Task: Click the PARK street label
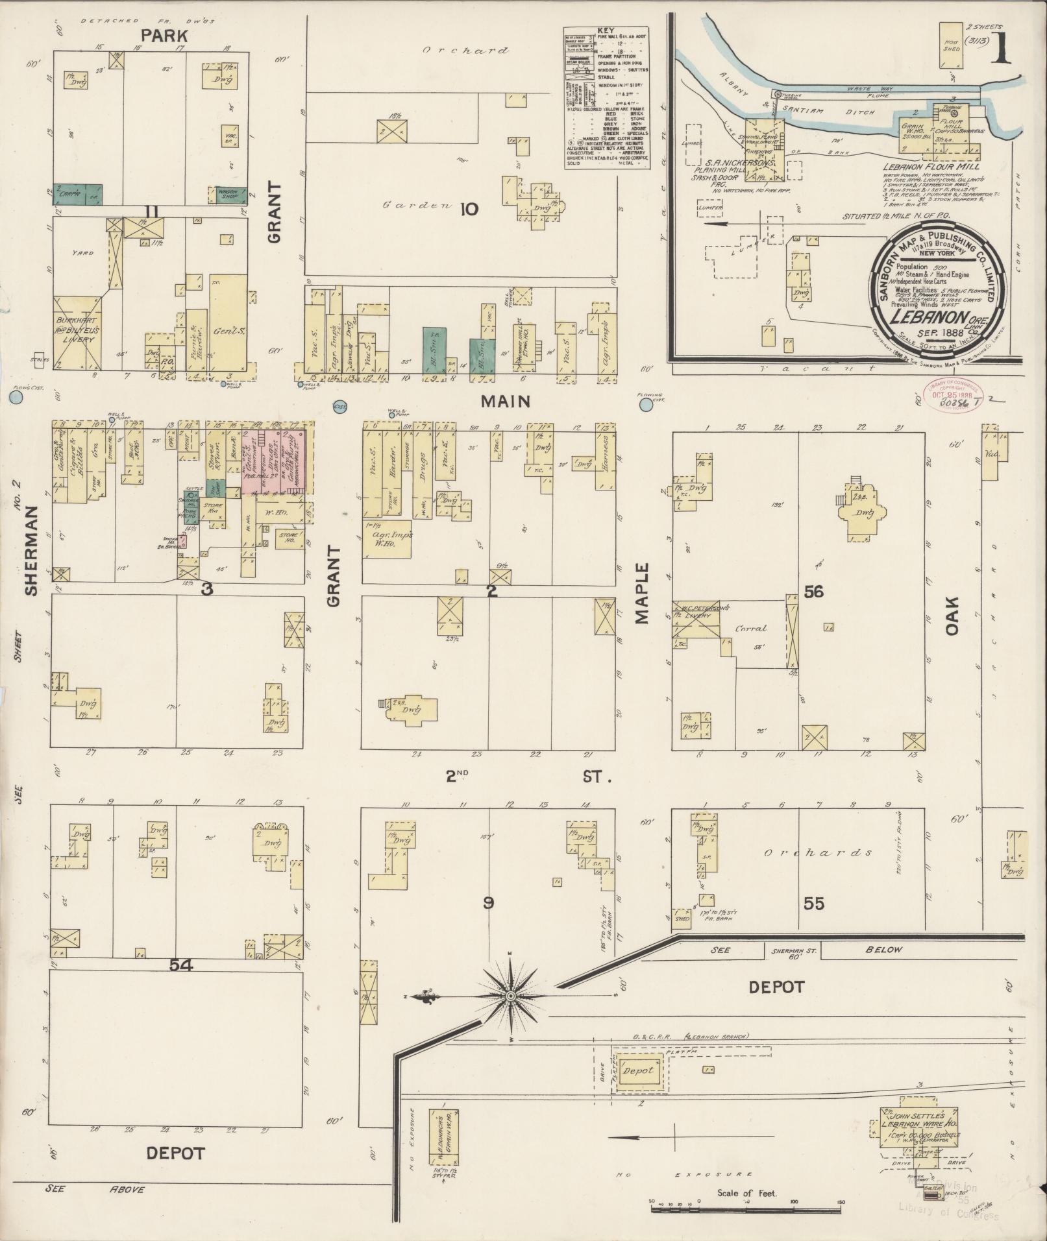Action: click(165, 36)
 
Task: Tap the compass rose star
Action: click(511, 996)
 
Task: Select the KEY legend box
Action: click(606, 98)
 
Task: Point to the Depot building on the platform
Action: click(639, 1070)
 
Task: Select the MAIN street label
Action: click(506, 402)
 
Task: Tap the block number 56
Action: click(813, 591)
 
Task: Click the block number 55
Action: click(813, 903)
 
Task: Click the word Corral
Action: click(751, 628)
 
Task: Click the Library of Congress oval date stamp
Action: click(953, 395)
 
